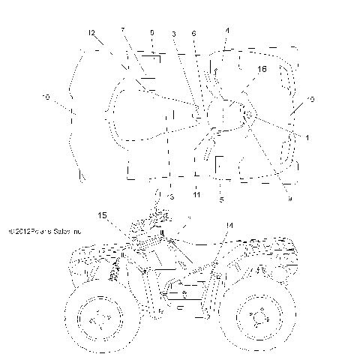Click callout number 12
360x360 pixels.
pos(91,34)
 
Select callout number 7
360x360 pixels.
pos(122,30)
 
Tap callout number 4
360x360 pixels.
pos(227,31)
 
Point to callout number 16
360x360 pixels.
pos(262,68)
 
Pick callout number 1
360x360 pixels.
pos(306,137)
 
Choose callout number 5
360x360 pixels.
pos(221,199)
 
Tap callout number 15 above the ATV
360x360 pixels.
pos(103,216)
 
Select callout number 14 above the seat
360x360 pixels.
pos(229,224)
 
